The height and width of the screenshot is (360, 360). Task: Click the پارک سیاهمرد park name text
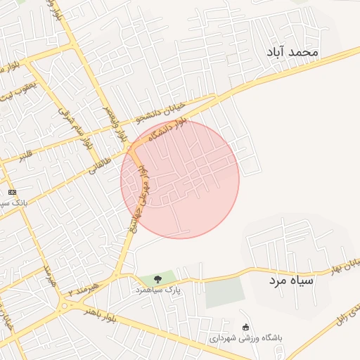[x=158, y=289]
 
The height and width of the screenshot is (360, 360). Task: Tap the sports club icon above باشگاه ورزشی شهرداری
[x=245, y=327]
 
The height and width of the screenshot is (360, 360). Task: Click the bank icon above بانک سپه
[x=11, y=192]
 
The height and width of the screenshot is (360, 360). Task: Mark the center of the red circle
[x=180, y=179]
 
